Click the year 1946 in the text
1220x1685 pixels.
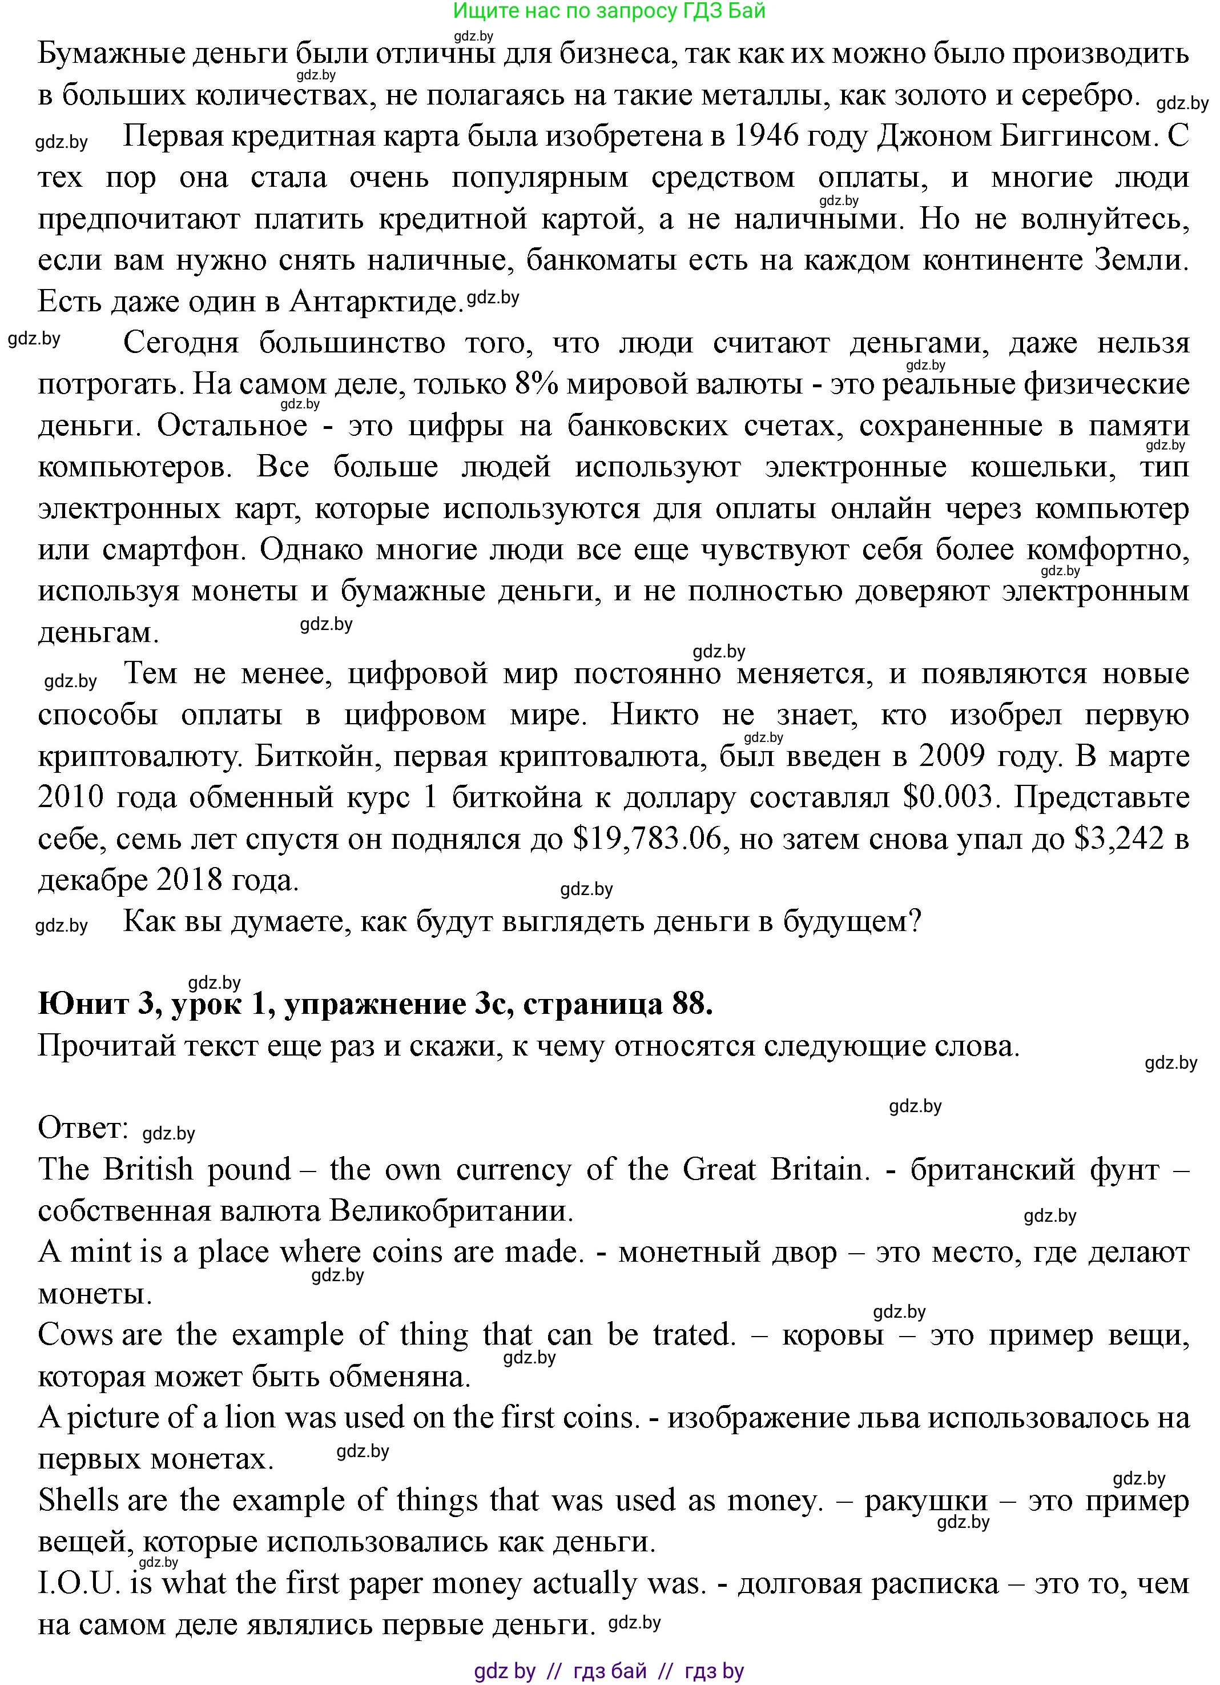pos(771,136)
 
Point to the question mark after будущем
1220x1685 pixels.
pos(915,922)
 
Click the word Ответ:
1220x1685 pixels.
pos(83,1128)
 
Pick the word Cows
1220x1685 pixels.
pos(76,1335)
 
